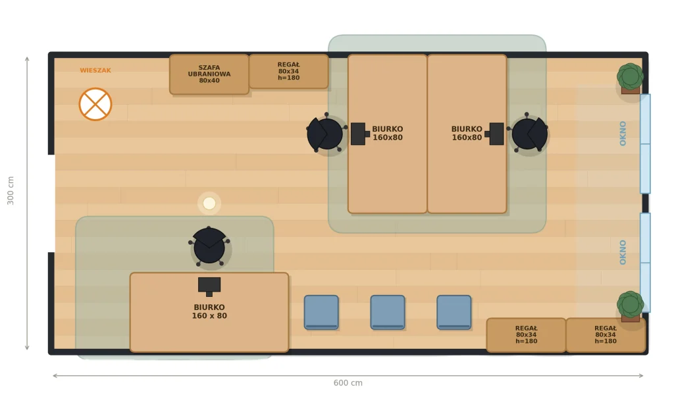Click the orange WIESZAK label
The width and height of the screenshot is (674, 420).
coord(95,70)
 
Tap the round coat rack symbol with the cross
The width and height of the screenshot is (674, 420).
coord(95,104)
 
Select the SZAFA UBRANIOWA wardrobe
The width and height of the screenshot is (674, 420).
coord(209,74)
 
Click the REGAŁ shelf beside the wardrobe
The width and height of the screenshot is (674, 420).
coord(288,71)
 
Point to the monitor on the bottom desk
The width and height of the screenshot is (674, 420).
coord(209,286)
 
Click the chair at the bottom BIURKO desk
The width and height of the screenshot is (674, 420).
coord(209,246)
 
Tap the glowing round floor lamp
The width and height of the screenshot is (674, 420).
coord(209,203)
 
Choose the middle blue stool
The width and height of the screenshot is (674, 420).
coord(388,312)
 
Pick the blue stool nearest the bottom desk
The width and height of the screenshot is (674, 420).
coord(321,312)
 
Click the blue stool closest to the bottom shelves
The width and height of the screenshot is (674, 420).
coord(454,312)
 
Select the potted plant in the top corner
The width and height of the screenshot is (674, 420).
coord(630,78)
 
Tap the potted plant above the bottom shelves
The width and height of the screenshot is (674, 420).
coord(630,306)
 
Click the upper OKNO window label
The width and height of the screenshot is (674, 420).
coord(623,133)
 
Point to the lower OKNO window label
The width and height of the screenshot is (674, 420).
coord(623,252)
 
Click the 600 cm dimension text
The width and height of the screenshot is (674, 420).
coord(348,383)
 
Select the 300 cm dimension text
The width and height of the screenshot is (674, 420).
coord(11,190)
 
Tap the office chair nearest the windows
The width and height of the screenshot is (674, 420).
coord(528,133)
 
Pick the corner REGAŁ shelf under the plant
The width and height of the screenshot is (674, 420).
coord(606,335)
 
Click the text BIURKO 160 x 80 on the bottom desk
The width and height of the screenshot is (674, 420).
coord(209,311)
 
